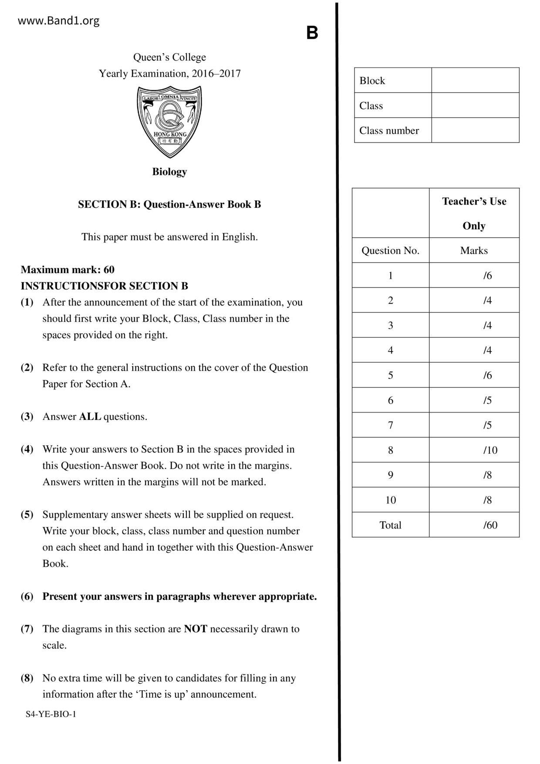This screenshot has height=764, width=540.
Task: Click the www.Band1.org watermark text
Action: click(58, 20)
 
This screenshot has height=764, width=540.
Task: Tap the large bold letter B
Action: click(312, 33)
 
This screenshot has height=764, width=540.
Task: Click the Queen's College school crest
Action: click(169, 121)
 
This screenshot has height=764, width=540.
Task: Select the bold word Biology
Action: click(169, 172)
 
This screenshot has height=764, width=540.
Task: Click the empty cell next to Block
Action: click(475, 80)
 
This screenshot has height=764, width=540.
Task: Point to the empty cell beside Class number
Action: click(475, 130)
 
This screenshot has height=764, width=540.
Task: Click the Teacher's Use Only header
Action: click(474, 213)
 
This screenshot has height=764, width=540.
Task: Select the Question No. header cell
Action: click(390, 250)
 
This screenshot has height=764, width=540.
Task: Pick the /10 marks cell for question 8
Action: click(490, 450)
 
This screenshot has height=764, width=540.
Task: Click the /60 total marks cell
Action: click(490, 525)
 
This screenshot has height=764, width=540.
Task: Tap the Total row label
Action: click(390, 525)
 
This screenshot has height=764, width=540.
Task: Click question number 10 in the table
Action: click(390, 500)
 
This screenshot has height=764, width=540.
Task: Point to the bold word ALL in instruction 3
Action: click(90, 417)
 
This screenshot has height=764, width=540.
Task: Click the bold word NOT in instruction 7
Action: click(196, 629)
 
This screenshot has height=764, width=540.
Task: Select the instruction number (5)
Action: click(27, 515)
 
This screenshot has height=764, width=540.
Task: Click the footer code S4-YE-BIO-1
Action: click(51, 714)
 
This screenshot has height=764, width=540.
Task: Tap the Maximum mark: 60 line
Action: click(67, 270)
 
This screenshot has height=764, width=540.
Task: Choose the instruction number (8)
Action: click(27, 678)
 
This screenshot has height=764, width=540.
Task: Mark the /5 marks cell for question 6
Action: click(487, 400)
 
